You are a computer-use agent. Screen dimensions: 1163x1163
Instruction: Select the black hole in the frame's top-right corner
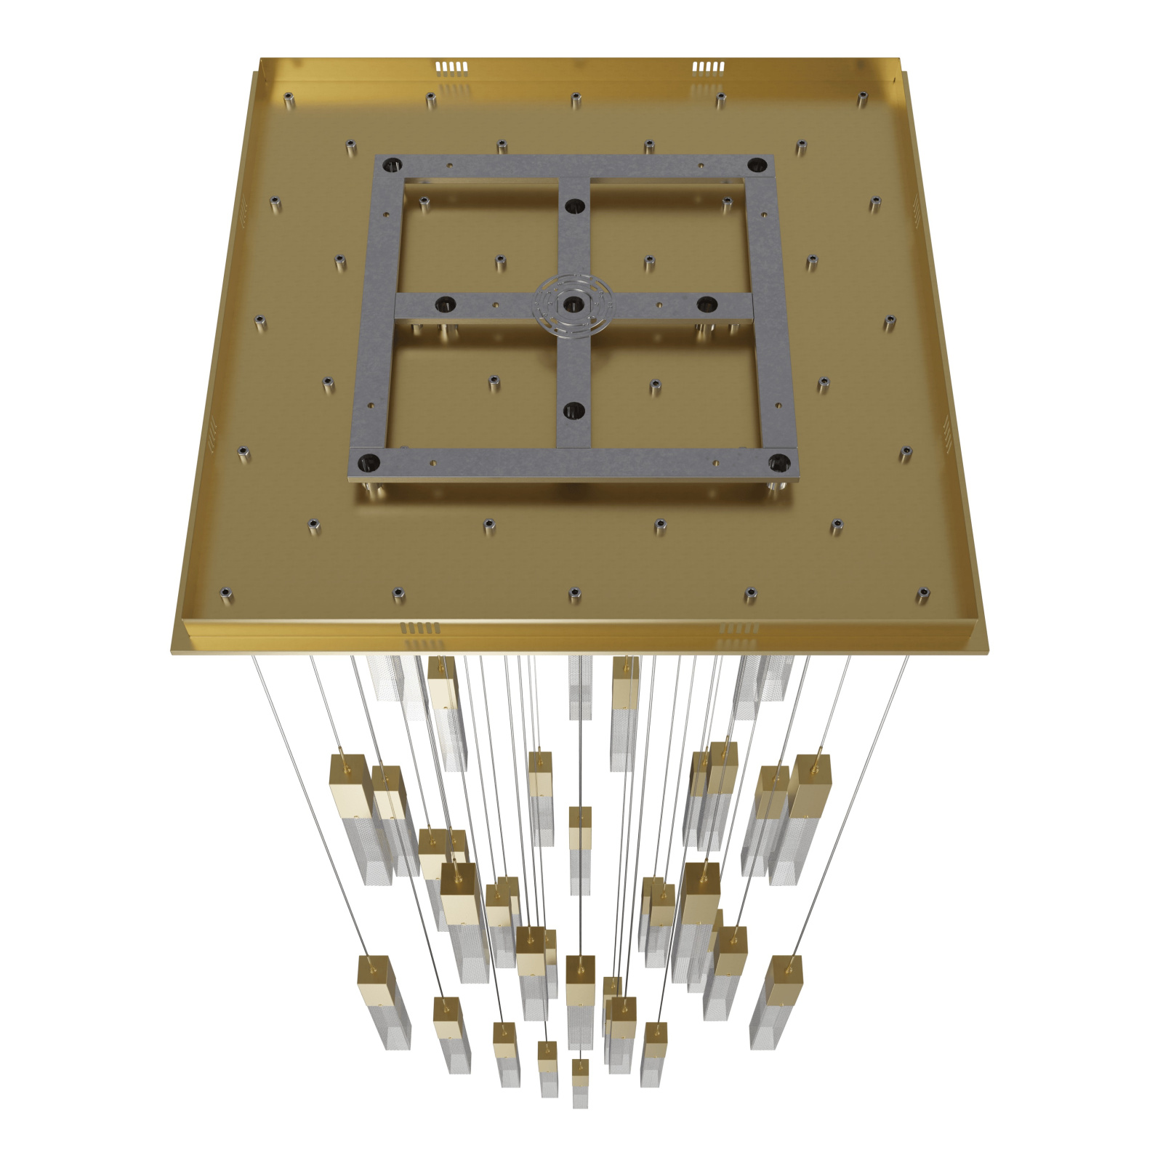click(757, 164)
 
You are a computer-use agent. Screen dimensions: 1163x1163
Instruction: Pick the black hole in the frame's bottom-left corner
click(369, 461)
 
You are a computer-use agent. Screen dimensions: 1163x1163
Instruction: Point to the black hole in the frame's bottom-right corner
click(778, 461)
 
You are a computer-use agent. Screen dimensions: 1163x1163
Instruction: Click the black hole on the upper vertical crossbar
click(574, 206)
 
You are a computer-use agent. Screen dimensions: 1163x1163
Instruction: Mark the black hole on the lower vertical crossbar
click(574, 411)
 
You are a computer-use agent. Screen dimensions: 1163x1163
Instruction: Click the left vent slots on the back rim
click(451, 68)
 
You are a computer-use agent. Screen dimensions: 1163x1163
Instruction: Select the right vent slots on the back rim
click(708, 68)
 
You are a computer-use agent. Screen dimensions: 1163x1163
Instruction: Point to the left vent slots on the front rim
click(420, 627)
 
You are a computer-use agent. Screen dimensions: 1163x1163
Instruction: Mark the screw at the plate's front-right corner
click(923, 594)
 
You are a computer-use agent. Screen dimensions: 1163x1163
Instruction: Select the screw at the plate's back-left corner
click(289, 97)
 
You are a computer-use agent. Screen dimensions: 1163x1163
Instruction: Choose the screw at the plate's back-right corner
click(862, 97)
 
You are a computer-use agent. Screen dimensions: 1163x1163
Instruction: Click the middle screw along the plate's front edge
click(574, 595)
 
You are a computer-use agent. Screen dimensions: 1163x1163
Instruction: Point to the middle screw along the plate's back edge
click(576, 97)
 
